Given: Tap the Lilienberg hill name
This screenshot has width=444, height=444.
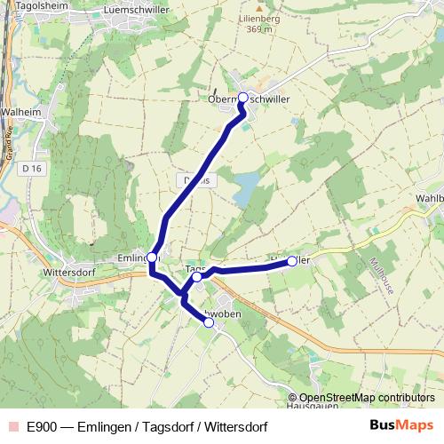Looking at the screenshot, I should click(x=259, y=17).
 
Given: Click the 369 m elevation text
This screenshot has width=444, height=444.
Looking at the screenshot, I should click(x=259, y=29).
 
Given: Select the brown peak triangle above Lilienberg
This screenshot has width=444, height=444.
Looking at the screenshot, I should click(x=259, y=6).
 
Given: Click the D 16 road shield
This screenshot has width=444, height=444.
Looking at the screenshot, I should click(x=33, y=168).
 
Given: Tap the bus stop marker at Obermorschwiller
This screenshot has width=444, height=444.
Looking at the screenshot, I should click(x=242, y=98).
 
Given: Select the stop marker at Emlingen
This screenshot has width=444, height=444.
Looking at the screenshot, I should click(x=152, y=258).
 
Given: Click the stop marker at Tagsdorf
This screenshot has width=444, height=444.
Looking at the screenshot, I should click(x=197, y=277).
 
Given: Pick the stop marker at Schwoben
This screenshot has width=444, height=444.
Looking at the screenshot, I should click(x=209, y=323).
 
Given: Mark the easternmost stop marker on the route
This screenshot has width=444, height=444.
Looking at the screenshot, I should click(x=291, y=262).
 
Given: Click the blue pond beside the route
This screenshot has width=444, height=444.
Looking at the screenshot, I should click(x=246, y=185).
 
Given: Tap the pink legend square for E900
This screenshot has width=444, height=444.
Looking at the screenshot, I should click(x=12, y=426).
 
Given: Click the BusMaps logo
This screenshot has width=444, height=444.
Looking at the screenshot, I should click(x=400, y=425).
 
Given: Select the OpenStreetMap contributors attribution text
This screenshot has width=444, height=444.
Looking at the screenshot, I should click(x=367, y=398).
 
